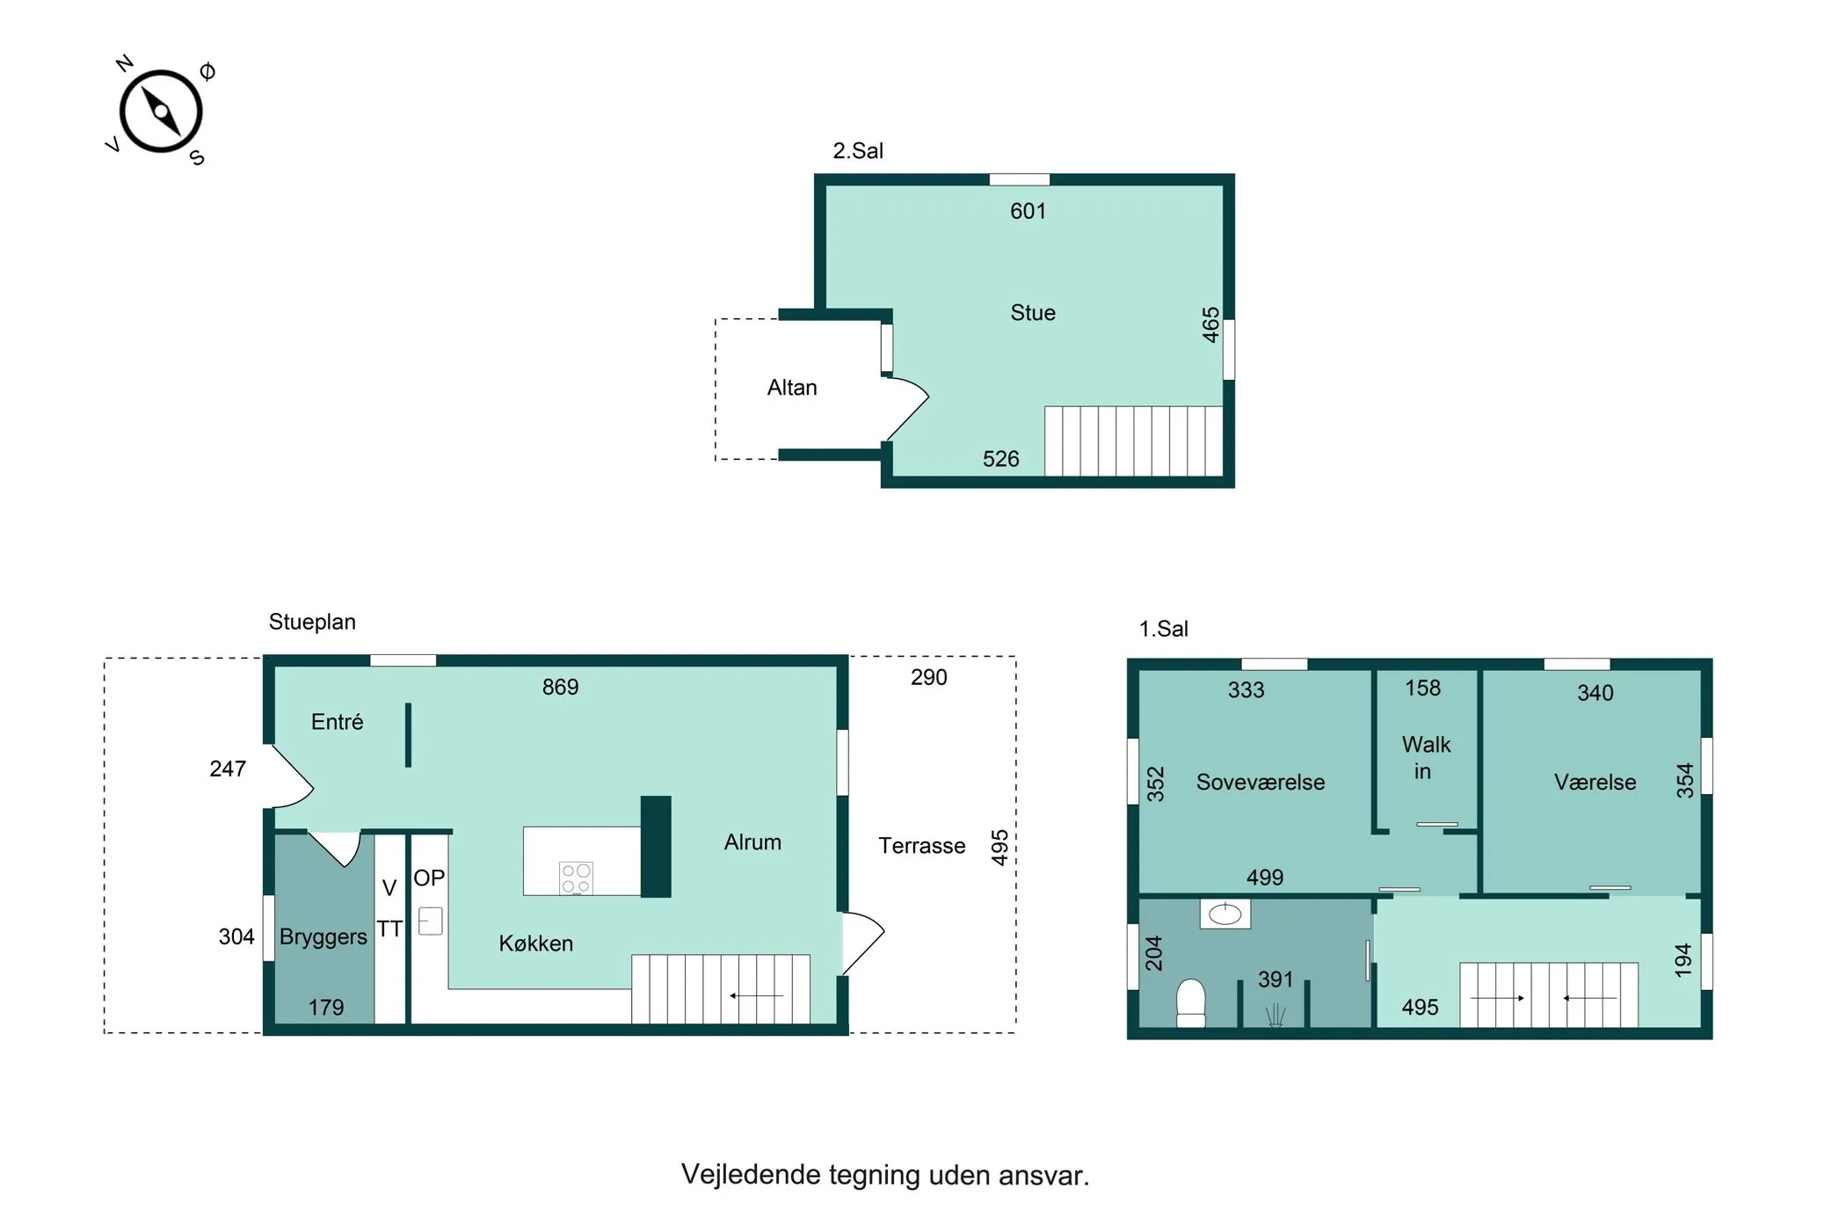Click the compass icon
161,112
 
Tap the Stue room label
1033,313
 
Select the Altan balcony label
792,388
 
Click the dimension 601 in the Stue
1028,211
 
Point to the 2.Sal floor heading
858,151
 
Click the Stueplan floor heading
312,623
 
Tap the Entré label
337,722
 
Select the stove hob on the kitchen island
576,878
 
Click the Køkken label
536,943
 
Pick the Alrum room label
752,842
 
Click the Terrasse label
922,846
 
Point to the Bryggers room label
323,937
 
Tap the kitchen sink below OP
430,921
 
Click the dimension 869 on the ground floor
560,687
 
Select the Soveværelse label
1261,783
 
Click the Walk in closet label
1425,758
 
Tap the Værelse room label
1595,783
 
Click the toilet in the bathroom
1191,1003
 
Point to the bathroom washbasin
1225,914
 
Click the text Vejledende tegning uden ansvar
885,1176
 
